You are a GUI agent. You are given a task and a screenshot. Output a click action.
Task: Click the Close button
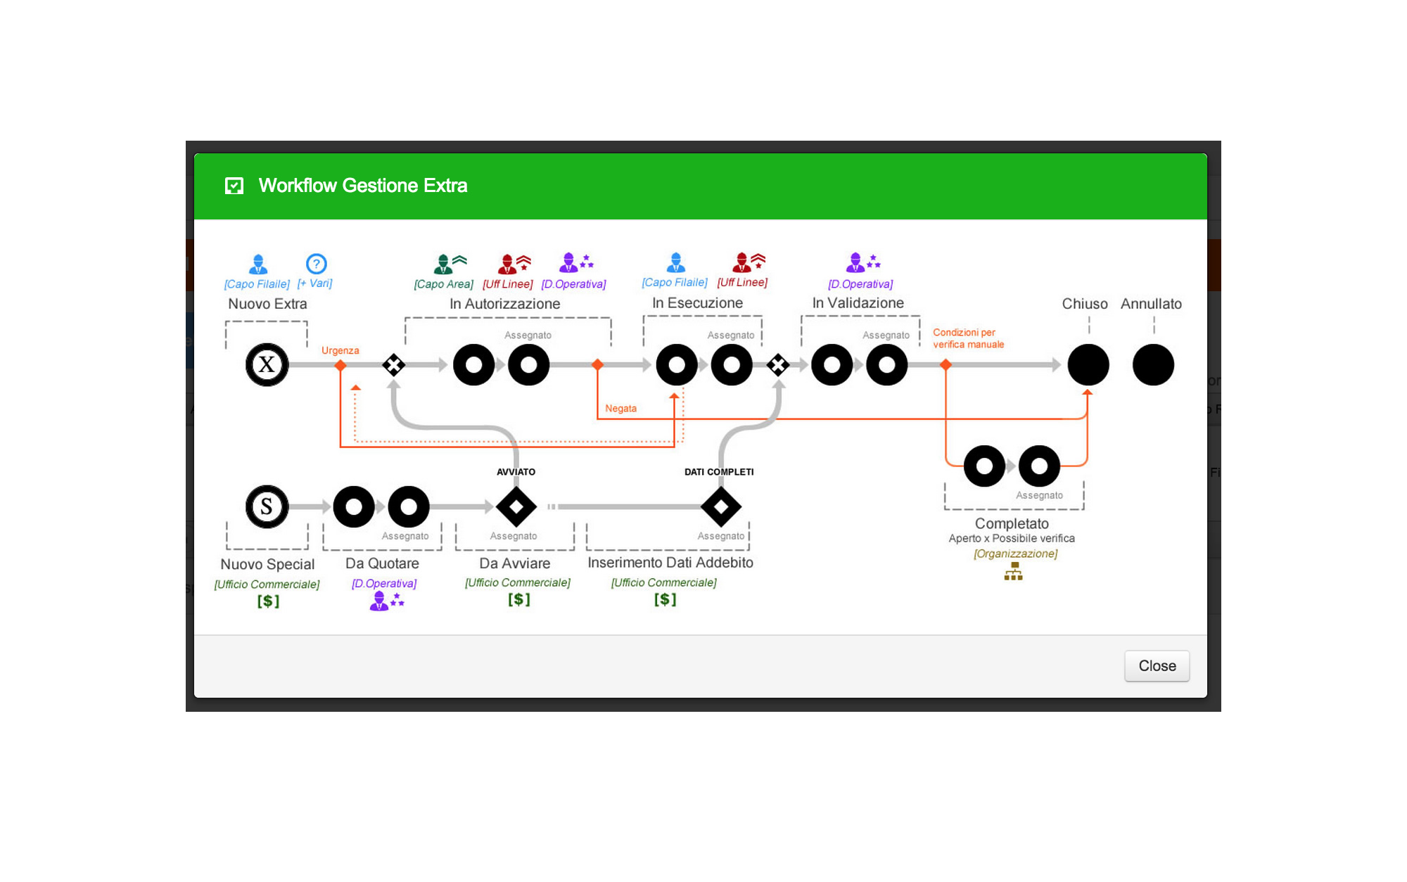pos(1157,665)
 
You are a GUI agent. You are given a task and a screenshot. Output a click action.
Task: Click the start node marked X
pos(267,364)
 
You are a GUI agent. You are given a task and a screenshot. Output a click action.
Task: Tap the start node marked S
pos(267,506)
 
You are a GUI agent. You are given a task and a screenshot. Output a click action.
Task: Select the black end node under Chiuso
pos(1088,364)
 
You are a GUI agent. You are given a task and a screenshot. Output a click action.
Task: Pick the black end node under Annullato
pos(1153,364)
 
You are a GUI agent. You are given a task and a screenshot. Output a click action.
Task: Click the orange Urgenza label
pos(340,350)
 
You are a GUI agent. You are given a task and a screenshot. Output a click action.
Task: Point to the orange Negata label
pos(620,409)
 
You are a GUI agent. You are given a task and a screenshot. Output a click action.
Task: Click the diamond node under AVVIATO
pos(516,506)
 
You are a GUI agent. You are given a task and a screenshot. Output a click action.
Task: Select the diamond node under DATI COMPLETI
pos(720,506)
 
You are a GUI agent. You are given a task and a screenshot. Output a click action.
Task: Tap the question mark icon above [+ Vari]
pos(317,264)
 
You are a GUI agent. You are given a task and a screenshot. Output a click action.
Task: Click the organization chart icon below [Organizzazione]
pos(1013,571)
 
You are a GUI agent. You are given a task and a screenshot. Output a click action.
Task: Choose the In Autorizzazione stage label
pos(504,304)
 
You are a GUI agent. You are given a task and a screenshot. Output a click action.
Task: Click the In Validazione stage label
pos(858,303)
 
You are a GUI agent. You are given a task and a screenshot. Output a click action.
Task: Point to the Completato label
pos(1012,523)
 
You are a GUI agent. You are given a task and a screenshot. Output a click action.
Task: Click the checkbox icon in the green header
pos(234,186)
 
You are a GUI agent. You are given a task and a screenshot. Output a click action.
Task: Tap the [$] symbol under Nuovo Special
pos(268,601)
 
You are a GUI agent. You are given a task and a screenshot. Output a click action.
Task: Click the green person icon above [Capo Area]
pos(443,264)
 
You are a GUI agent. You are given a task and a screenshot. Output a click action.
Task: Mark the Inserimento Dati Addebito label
pos(670,563)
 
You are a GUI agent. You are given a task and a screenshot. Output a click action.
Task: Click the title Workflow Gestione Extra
pos(362,186)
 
